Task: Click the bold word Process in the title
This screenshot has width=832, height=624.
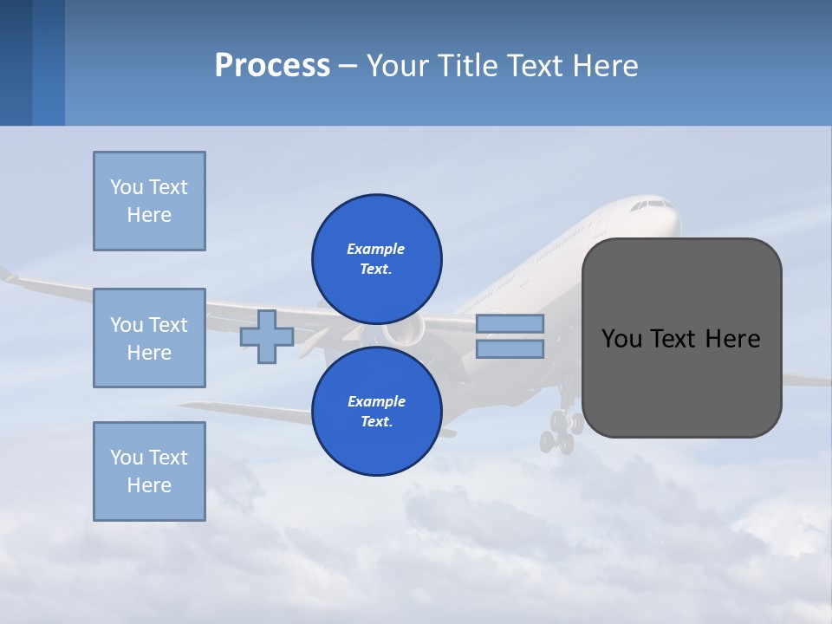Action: pyautogui.click(x=272, y=66)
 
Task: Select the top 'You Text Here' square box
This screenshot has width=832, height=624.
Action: pyautogui.click(x=149, y=201)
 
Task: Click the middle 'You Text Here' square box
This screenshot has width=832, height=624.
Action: pyautogui.click(x=149, y=338)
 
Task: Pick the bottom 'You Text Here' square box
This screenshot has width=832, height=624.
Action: pyautogui.click(x=149, y=471)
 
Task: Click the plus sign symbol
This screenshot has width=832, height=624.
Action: pyautogui.click(x=267, y=337)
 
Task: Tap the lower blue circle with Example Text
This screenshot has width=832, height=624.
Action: pyautogui.click(x=377, y=411)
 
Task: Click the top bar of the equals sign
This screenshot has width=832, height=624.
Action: pyautogui.click(x=510, y=323)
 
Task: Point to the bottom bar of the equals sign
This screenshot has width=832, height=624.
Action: pyautogui.click(x=510, y=349)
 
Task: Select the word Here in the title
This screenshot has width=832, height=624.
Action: pyautogui.click(x=606, y=66)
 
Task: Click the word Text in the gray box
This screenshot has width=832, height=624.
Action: pyautogui.click(x=674, y=339)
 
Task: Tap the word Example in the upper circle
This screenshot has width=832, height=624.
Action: pyautogui.click(x=376, y=249)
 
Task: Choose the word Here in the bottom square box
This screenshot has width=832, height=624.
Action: pyautogui.click(x=149, y=485)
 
